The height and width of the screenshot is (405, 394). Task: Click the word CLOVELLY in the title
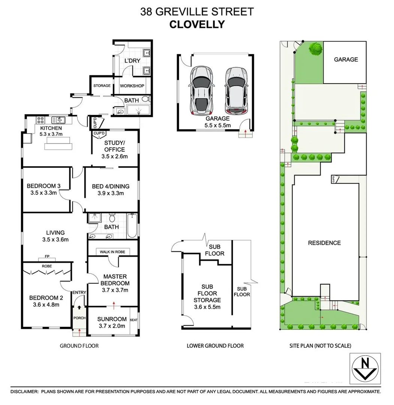pos(197,24)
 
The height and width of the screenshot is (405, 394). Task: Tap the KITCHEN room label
pos(51,128)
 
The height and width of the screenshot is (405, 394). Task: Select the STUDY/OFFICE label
pos(115,146)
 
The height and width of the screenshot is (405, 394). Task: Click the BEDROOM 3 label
pos(43,186)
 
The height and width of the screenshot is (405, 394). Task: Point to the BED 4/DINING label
pos(110,186)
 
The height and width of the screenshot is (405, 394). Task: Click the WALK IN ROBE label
pos(111,252)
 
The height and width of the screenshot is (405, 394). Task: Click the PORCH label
pos(80,318)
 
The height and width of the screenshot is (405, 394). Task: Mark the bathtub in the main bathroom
pos(131,226)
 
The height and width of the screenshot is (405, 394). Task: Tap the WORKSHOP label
pos(132,86)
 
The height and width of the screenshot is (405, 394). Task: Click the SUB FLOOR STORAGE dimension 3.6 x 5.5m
pos(207,307)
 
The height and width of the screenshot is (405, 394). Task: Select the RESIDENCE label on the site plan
pos(324,243)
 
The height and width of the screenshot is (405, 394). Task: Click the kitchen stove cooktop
pos(40,120)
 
